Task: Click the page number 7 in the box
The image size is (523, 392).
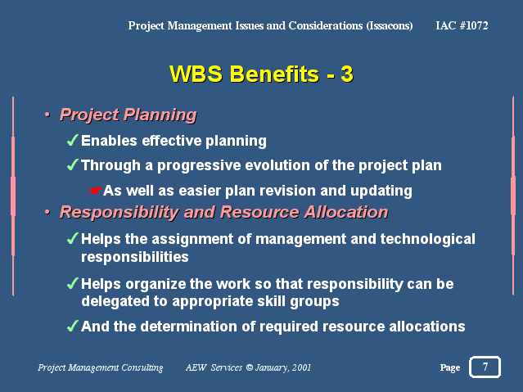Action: [485, 367]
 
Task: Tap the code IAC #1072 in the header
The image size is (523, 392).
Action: [462, 25]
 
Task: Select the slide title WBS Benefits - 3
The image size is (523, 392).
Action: [261, 74]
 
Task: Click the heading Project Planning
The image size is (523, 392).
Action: [128, 115]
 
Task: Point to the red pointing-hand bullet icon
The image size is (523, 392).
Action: [96, 191]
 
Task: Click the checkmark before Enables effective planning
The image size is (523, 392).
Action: [73, 140]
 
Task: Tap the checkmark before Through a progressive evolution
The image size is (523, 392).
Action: [73, 164]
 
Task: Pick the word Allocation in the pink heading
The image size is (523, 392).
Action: [346, 212]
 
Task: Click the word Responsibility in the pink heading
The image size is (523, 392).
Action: [119, 213]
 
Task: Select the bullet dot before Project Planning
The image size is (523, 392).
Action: [47, 115]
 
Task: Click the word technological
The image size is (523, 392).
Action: [427, 239]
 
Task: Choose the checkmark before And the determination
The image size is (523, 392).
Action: [73, 326]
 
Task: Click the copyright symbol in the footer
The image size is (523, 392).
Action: [249, 367]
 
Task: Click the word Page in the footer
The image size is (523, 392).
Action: [450, 367]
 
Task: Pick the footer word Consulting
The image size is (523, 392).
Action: [142, 367]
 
